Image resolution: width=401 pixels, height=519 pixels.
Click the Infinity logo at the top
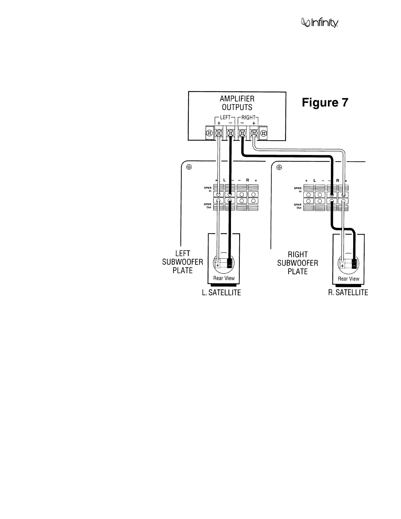(x=319, y=23)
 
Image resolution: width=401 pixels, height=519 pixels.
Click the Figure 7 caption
(x=325, y=103)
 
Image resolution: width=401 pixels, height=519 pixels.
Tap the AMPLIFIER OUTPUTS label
(x=237, y=103)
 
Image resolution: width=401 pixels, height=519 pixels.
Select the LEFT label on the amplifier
(x=224, y=117)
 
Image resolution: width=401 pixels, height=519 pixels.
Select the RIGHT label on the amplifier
(x=248, y=117)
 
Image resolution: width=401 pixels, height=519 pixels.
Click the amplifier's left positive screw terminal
(x=219, y=133)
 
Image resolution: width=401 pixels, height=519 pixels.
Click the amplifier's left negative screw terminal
(x=230, y=133)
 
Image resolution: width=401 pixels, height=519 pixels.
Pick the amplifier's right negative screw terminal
(x=242, y=133)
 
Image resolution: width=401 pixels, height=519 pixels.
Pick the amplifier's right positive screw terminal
(x=254, y=133)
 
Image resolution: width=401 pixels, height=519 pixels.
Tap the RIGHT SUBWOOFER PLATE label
(x=297, y=263)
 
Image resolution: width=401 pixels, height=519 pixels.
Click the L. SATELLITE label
(x=221, y=293)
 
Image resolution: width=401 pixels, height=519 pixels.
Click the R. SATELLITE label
(x=348, y=292)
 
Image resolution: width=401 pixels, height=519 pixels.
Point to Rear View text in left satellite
(x=224, y=278)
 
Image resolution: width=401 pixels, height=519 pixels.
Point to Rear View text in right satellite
(x=349, y=279)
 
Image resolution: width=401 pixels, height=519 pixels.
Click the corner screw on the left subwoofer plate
(x=189, y=167)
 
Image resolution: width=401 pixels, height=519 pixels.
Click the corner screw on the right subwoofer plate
(x=279, y=168)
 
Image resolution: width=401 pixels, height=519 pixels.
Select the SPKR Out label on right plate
(x=298, y=206)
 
